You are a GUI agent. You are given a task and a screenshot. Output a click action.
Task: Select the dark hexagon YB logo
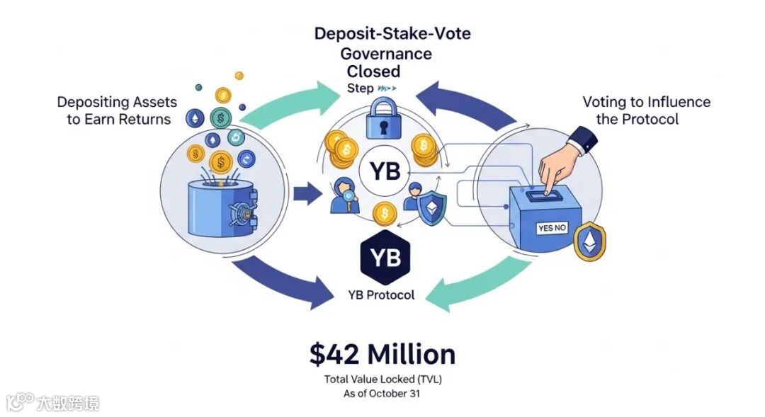pos(385,256)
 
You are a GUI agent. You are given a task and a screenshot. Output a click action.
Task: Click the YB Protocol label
pos(382,295)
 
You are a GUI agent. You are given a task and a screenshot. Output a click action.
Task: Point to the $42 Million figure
pos(382,353)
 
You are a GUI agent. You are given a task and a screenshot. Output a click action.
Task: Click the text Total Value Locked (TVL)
pos(382,379)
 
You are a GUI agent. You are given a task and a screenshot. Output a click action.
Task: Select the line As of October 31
pos(382,393)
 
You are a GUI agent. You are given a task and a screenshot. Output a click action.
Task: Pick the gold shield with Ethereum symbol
pos(589,240)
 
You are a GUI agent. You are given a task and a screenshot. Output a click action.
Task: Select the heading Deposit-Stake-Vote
pos(392,33)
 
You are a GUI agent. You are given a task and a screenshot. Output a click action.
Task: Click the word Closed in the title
pos(373,72)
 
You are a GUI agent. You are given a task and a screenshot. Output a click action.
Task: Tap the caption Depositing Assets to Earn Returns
pos(117,110)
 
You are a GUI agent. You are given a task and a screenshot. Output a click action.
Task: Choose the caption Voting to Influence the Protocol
pos(645,110)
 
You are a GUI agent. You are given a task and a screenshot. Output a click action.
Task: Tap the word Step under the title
pos(359,88)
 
